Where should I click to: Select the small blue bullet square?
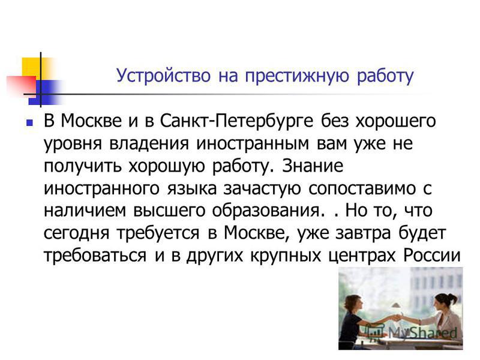29,123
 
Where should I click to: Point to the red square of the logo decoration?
22,85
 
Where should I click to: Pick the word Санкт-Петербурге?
236,121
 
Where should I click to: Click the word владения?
149,143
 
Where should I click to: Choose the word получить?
83,166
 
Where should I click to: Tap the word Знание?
313,166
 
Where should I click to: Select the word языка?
191,188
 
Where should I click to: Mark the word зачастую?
262,189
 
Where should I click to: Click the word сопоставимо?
362,188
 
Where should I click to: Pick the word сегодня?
76,234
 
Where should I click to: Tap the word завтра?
364,234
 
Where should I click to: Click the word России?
432,256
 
